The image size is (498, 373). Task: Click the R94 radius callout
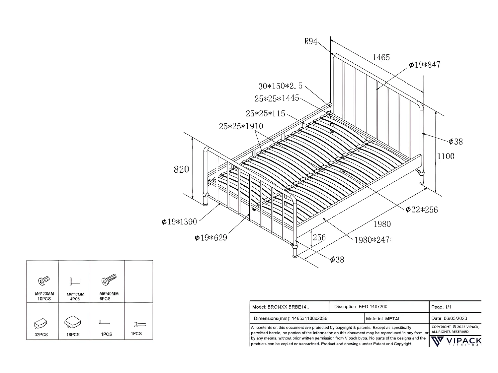coord(311,41)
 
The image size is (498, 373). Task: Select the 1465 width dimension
coord(381,57)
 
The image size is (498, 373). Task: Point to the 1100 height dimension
coord(446,156)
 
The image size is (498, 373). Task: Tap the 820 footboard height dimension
coord(182,169)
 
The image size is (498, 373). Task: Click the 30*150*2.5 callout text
coord(281,86)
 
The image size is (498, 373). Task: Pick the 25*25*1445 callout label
coord(277,98)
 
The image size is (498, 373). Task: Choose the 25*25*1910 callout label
coord(241,126)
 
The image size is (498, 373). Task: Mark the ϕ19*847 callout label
coord(425,65)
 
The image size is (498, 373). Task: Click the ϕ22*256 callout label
coord(422,210)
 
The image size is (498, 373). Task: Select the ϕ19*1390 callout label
coord(179,222)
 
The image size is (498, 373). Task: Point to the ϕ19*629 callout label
coord(211,238)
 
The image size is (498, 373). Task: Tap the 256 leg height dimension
coord(319,237)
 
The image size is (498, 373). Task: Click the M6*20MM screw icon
coord(43,281)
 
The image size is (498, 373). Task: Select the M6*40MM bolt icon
coord(109,280)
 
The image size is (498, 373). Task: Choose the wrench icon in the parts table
coord(139,325)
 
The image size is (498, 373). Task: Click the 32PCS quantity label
coord(41,335)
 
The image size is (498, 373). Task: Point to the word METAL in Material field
coord(393,319)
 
